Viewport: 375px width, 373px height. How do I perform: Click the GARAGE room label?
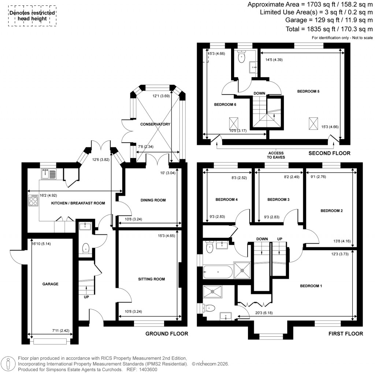(50, 284)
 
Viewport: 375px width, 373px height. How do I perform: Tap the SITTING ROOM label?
(151, 279)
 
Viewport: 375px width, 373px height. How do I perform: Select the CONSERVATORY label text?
(155, 124)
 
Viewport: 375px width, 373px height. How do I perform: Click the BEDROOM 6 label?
(225, 104)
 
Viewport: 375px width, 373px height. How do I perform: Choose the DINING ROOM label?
(153, 200)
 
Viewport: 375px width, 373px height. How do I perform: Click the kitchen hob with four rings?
(33, 200)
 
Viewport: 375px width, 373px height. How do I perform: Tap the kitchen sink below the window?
(48, 173)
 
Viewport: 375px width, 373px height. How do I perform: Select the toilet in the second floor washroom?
(242, 57)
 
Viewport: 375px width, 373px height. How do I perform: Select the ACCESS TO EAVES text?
(276, 155)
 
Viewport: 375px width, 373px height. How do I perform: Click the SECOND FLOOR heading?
(329, 153)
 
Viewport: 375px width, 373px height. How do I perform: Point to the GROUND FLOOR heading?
(167, 333)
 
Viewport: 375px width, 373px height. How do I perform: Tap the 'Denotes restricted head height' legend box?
(33, 16)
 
